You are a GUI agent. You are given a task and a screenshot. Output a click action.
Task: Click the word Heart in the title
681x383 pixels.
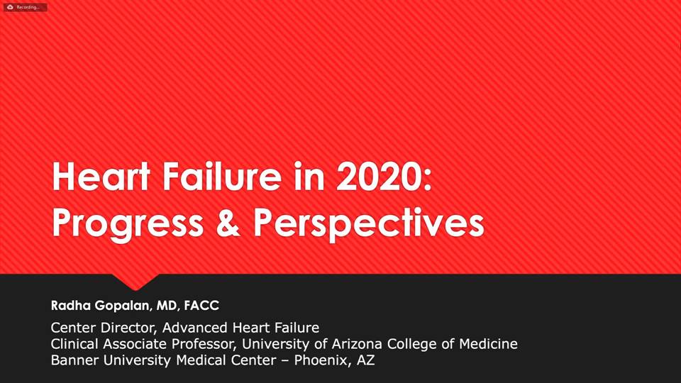pyautogui.click(x=101, y=177)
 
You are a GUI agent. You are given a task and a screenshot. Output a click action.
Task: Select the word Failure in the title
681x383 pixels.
pyautogui.click(x=222, y=177)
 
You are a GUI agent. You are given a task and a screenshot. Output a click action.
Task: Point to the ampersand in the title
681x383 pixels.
pyautogui.click(x=228, y=222)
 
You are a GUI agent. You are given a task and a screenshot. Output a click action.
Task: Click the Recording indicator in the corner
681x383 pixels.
pyautogui.click(x=25, y=7)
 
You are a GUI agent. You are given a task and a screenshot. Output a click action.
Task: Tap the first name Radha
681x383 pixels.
pyautogui.click(x=71, y=305)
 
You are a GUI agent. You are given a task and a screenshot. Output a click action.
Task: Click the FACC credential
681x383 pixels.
pyautogui.click(x=201, y=305)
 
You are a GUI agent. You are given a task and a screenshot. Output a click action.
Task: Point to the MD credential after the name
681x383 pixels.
pyautogui.click(x=167, y=306)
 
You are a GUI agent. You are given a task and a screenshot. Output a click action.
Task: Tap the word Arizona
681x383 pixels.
pyautogui.click(x=357, y=344)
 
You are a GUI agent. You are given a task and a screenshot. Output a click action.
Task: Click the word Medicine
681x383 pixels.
pyautogui.click(x=489, y=344)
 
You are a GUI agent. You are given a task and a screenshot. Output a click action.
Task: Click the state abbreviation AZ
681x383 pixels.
pyautogui.click(x=366, y=360)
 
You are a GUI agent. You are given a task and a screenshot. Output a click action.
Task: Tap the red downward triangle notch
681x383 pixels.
pyautogui.click(x=135, y=282)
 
